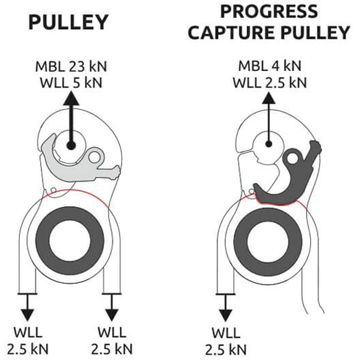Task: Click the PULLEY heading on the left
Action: click(x=69, y=22)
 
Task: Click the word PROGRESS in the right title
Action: click(x=269, y=10)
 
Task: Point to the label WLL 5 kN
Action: click(x=72, y=83)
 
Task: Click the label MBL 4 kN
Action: click(x=270, y=67)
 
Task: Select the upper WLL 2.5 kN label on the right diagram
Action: click(x=270, y=83)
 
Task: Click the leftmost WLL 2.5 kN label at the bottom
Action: click(x=27, y=342)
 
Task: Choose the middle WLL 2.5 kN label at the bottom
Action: click(x=111, y=342)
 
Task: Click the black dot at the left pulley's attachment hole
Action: click(x=70, y=145)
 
